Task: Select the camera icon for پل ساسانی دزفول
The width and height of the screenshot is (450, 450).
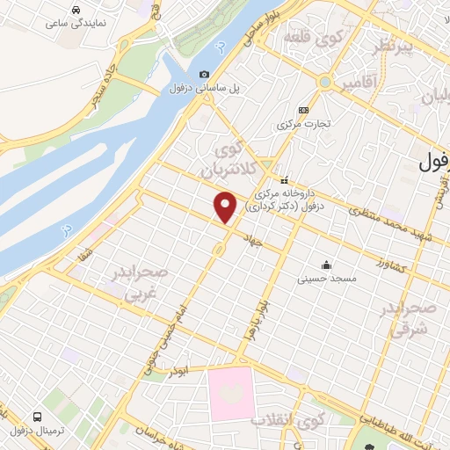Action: tap(205, 75)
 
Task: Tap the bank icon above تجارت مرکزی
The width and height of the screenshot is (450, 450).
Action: tap(303, 110)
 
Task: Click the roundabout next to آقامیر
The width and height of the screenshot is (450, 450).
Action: tap(325, 83)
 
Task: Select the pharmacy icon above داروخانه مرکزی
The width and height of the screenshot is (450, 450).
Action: tap(284, 179)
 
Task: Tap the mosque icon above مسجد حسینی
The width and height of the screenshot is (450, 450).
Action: tap(327, 265)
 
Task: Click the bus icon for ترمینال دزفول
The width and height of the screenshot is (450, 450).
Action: tap(37, 416)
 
